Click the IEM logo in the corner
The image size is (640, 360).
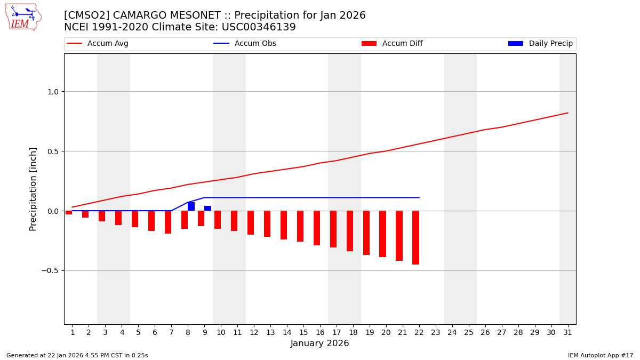[x=23, y=17]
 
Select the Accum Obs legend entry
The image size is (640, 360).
[x=245, y=44]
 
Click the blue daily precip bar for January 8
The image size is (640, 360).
[x=191, y=206]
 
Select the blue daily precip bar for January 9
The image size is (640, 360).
[x=207, y=209]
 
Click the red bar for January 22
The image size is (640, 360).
[x=415, y=237]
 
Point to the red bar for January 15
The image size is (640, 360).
[x=300, y=226]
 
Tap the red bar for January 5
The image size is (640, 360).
[x=135, y=219]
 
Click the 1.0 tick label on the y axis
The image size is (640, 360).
[x=52, y=92]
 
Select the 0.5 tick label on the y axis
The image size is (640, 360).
[x=52, y=151]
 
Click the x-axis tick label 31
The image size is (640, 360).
[x=567, y=332]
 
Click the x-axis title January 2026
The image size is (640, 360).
[x=320, y=343]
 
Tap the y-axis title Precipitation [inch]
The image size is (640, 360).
[x=33, y=189]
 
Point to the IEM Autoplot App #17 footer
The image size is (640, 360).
[x=601, y=355]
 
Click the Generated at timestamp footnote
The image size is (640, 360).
[x=77, y=355]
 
